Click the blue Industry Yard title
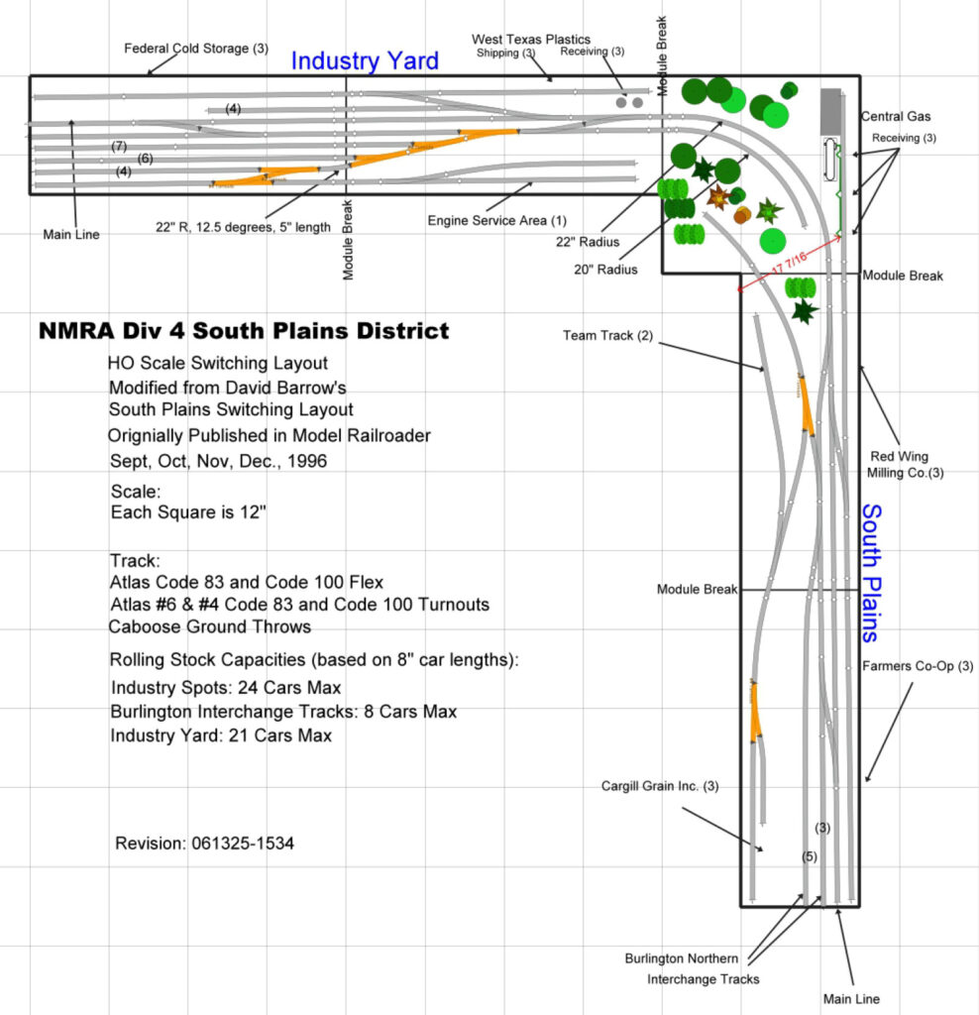(364, 61)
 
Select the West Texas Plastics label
(530, 39)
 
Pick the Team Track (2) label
(608, 336)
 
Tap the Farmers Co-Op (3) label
(918, 666)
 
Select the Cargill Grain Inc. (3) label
(659, 786)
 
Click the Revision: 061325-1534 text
(204, 844)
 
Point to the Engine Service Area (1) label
(496, 220)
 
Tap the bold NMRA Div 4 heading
(244, 331)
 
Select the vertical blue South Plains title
(870, 572)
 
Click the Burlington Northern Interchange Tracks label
(692, 968)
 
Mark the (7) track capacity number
(119, 146)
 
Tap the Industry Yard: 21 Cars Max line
(221, 735)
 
